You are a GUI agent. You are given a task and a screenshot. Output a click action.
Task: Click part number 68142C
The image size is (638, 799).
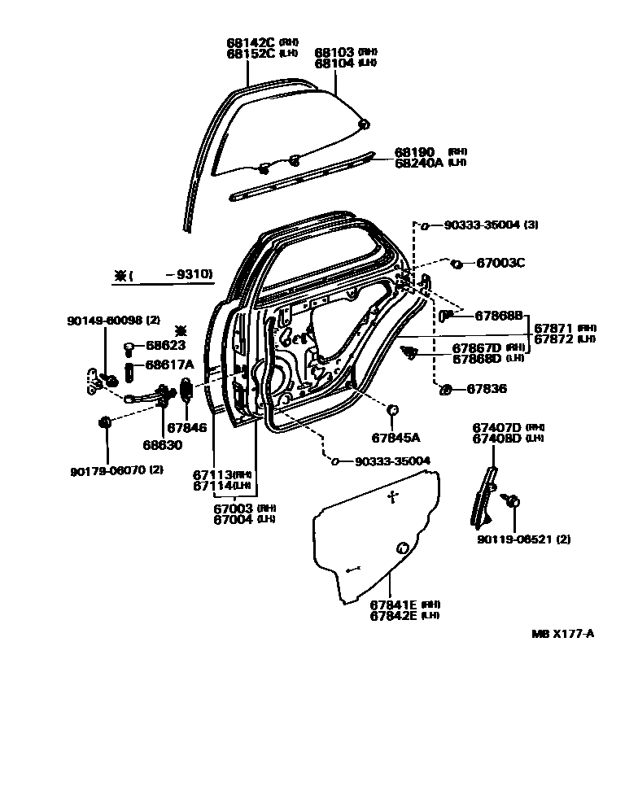251,42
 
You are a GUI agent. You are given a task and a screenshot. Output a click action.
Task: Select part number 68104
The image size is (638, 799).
334,63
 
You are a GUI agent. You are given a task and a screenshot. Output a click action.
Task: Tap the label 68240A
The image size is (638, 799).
419,163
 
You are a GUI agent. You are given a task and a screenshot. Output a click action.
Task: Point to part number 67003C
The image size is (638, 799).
500,263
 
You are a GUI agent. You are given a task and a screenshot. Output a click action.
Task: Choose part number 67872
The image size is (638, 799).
552,338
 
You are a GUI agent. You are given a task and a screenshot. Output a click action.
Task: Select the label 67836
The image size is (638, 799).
487,389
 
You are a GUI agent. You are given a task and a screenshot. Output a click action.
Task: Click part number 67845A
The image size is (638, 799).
395,438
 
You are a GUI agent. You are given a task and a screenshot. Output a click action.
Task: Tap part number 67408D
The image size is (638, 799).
496,438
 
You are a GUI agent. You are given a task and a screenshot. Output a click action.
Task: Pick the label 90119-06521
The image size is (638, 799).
515,539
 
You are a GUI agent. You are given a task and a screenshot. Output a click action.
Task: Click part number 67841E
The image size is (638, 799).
393,605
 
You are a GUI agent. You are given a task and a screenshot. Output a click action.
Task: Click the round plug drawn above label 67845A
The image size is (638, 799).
392,409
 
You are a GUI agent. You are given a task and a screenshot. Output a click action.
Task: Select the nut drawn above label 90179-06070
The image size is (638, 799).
105,421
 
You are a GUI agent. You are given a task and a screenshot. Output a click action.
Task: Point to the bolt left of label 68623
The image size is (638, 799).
129,347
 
